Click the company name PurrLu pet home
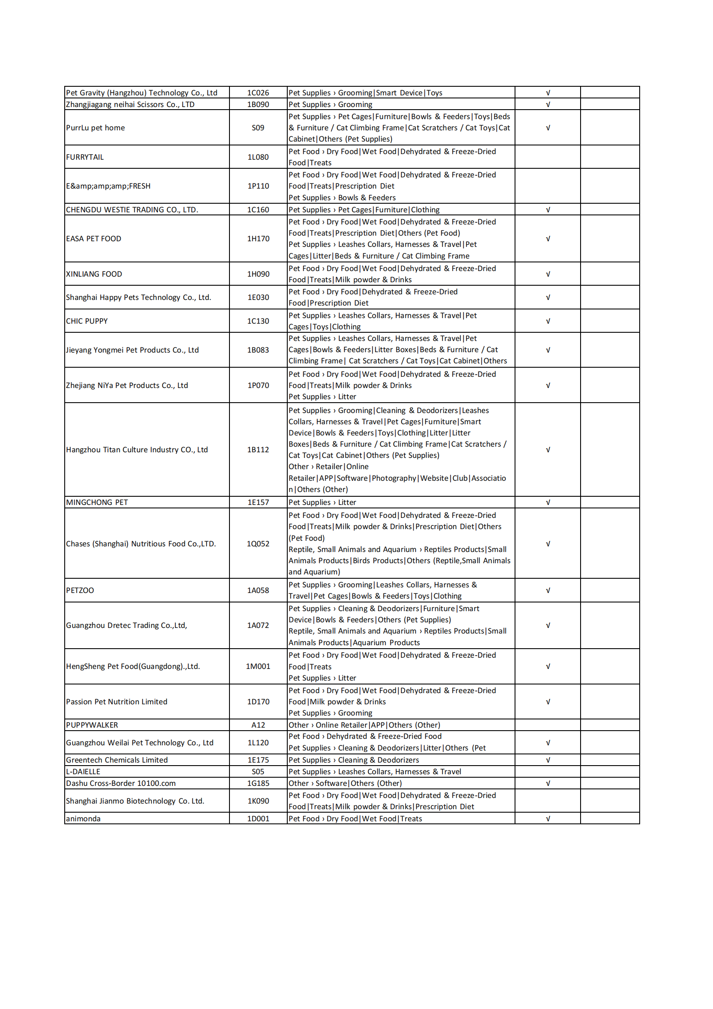pyautogui.click(x=95, y=128)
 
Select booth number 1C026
pyautogui.click(x=258, y=93)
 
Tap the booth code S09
pyautogui.click(x=258, y=128)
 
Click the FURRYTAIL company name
pyautogui.click(x=85, y=157)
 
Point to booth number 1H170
pyautogui.click(x=258, y=239)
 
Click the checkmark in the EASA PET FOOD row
pyautogui.click(x=548, y=239)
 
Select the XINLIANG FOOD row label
pyautogui.click(x=94, y=274)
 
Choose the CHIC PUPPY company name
pyautogui.click(x=87, y=321)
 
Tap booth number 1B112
pyautogui.click(x=258, y=450)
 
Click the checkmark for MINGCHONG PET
pyautogui.click(x=548, y=502)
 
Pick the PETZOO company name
pyautogui.click(x=80, y=590)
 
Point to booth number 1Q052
pyautogui.click(x=258, y=544)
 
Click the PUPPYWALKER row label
pyautogui.click(x=92, y=725)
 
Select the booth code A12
pyautogui.click(x=258, y=725)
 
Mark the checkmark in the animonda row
pyautogui.click(x=548, y=818)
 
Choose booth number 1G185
pyautogui.click(x=258, y=783)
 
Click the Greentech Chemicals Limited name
pyautogui.click(x=117, y=760)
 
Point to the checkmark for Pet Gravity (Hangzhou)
pyautogui.click(x=548, y=93)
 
